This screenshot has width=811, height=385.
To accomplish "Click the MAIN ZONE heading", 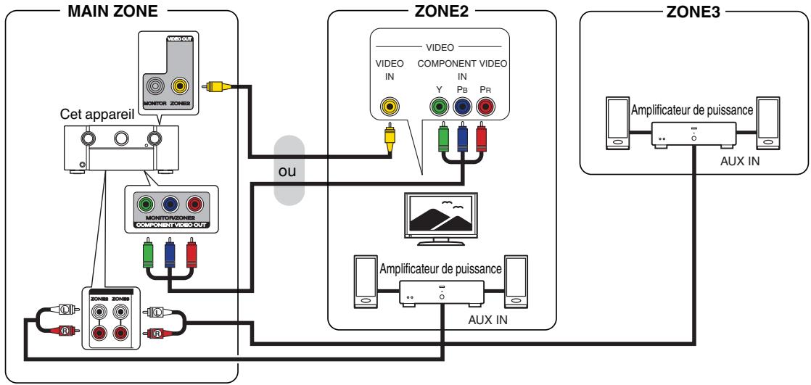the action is [x=112, y=11].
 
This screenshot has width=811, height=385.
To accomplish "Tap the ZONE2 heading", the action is [x=441, y=11].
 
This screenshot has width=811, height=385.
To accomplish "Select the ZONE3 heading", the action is [x=693, y=12].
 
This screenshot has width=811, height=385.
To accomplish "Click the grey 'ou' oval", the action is [x=289, y=170].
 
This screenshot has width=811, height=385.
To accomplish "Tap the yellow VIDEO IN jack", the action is [x=389, y=107].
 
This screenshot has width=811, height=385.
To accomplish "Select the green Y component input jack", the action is [x=439, y=107].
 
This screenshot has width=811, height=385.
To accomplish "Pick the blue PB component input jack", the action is [x=462, y=107].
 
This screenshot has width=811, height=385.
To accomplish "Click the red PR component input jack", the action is [x=485, y=107].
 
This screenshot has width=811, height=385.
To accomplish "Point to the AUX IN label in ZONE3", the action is [x=740, y=161].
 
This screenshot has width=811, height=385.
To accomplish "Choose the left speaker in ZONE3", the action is [x=618, y=123].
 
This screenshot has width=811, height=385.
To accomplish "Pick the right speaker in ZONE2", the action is [x=516, y=281].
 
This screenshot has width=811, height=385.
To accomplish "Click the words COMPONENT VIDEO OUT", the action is [x=171, y=225].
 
